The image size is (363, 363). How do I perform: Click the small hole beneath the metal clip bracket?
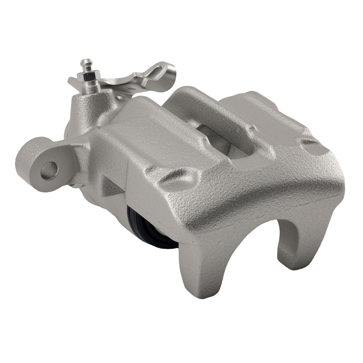[120, 98]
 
